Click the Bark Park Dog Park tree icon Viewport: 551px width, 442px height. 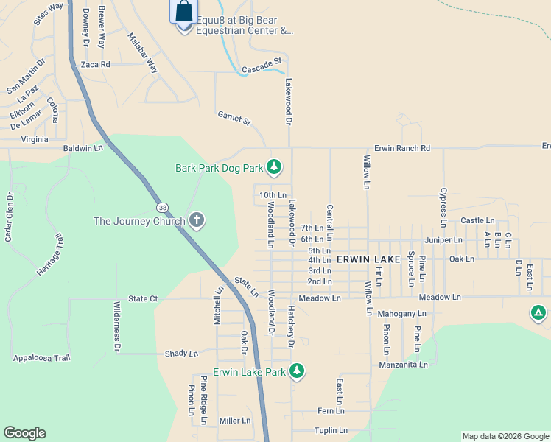pos(274,168)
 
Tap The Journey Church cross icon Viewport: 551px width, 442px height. pos(196,220)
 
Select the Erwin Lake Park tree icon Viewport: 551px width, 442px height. pos(297,371)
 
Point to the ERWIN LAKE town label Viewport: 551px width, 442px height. pos(368,260)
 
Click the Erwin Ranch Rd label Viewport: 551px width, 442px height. pos(401,148)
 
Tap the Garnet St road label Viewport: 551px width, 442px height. pos(234,117)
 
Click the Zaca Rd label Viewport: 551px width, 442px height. pos(96,65)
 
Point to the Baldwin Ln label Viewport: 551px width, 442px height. pos(83,149)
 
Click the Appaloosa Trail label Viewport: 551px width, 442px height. pos(41,358)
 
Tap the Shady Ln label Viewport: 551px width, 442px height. pos(182,354)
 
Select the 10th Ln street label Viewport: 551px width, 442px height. pos(273,195)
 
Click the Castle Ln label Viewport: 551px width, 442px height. pos(477,220)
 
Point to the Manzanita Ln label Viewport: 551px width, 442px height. pos(403,365)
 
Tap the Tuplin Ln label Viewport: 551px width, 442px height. pos(330,430)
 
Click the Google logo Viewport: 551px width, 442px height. pos(24,433)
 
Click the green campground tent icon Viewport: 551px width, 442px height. pos(538,313)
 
